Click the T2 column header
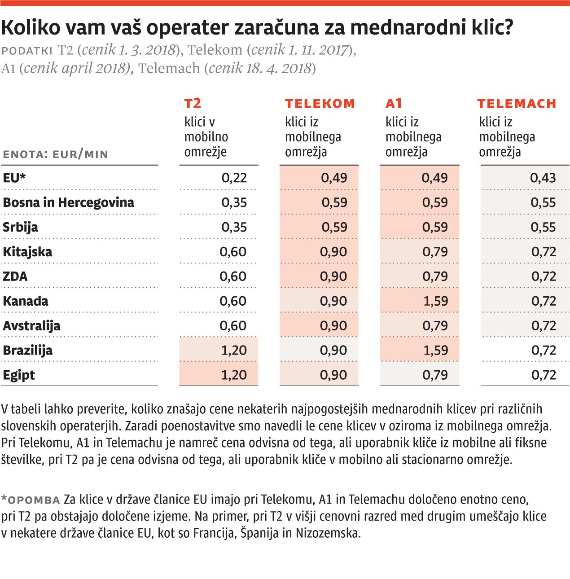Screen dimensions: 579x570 (193, 104)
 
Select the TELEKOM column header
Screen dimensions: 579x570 (320, 104)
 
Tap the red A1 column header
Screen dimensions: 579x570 (394, 104)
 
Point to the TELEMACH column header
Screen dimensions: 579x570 (517, 104)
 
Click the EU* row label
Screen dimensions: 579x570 (14, 178)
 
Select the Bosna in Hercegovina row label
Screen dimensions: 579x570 (68, 202)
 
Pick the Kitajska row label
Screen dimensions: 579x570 (27, 252)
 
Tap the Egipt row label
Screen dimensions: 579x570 (19, 375)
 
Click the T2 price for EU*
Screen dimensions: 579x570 (234, 178)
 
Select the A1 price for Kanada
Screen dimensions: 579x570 (435, 301)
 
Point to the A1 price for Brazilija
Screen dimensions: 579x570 (435, 350)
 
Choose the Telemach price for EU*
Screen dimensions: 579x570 (543, 178)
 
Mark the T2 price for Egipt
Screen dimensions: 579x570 (234, 375)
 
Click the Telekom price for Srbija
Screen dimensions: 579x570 (334, 227)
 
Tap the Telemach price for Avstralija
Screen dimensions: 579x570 (544, 325)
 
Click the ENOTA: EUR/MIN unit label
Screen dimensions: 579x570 (56, 154)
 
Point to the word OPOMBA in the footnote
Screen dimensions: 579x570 (34, 500)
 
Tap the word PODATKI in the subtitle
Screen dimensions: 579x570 (27, 50)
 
